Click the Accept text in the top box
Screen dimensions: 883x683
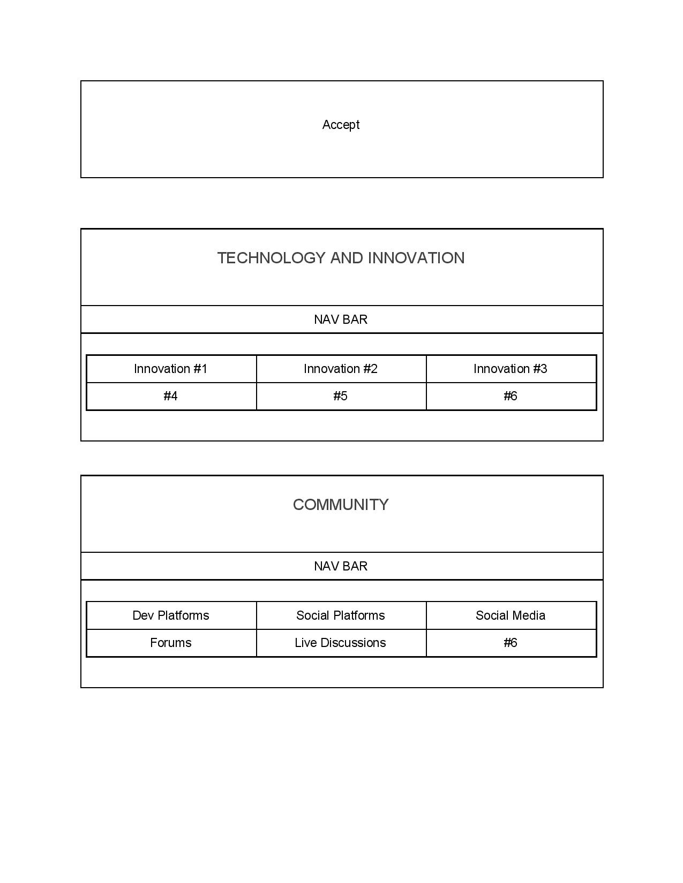pyautogui.click(x=341, y=125)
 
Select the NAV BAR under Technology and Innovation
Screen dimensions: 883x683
pyautogui.click(x=341, y=319)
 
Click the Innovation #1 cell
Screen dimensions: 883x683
pyautogui.click(x=170, y=369)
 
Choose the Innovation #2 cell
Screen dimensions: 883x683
pyautogui.click(x=341, y=369)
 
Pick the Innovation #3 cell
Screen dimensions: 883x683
pyautogui.click(x=511, y=369)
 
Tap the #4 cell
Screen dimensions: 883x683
pyautogui.click(x=170, y=396)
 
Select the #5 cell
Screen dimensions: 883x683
pyautogui.click(x=341, y=396)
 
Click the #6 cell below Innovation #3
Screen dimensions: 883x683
pyautogui.click(x=511, y=396)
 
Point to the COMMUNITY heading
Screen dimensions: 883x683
pyautogui.click(x=341, y=505)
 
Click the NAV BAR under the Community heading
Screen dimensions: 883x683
pyautogui.click(x=341, y=566)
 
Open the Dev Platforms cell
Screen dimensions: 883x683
pyautogui.click(x=170, y=615)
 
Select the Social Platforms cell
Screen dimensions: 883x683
pyautogui.click(x=341, y=615)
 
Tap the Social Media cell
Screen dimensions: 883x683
pyautogui.click(x=511, y=615)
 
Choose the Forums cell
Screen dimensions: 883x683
pyautogui.click(x=170, y=643)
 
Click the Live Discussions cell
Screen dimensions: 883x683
pyautogui.click(x=341, y=643)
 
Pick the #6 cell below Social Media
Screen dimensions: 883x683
pyautogui.click(x=511, y=643)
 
